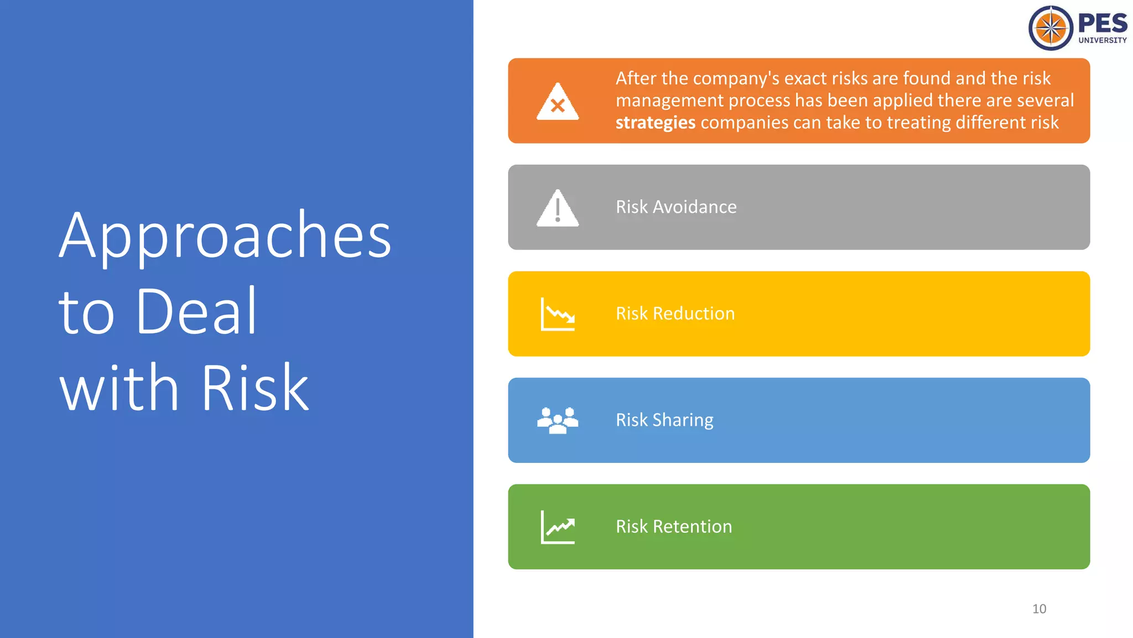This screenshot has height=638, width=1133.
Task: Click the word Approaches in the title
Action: click(x=225, y=237)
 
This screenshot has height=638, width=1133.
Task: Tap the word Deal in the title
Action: click(x=196, y=312)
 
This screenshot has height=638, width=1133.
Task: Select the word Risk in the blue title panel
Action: click(x=255, y=388)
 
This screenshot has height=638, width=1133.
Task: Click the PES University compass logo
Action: click(x=1051, y=28)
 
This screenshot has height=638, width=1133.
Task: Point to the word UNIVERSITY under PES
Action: click(x=1102, y=40)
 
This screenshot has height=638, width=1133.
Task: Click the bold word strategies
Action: click(x=655, y=122)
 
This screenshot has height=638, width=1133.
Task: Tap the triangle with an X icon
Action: click(x=558, y=102)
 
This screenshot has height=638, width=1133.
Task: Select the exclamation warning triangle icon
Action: click(x=558, y=208)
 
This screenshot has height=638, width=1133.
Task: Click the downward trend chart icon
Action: click(x=558, y=314)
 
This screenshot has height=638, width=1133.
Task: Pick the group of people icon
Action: click(x=558, y=420)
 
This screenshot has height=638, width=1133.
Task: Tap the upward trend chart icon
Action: click(x=558, y=527)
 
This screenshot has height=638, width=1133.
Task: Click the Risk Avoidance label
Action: click(x=676, y=207)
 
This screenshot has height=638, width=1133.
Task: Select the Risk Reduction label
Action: click(x=675, y=313)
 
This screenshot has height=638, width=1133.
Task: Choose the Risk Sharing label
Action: click(x=664, y=420)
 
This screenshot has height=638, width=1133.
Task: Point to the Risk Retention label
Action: click(x=674, y=526)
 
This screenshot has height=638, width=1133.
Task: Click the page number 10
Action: click(x=1039, y=609)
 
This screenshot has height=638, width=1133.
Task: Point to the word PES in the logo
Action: click(x=1102, y=23)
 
